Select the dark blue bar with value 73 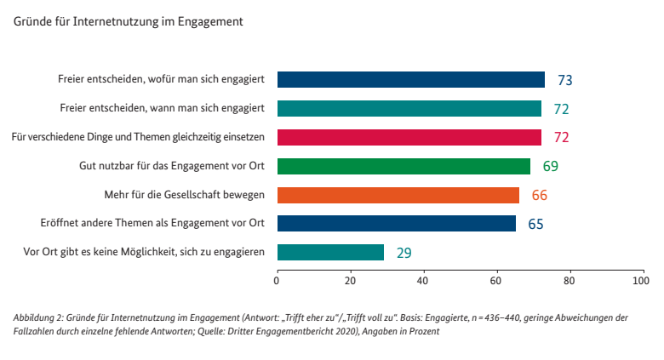tap(411, 80)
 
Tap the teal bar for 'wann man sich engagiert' tap(409, 108)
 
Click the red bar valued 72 tap(409, 137)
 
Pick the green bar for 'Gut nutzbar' tap(404, 166)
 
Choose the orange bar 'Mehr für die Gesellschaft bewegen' tap(398, 195)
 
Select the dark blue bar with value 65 tap(397, 223)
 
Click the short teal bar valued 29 tap(330, 252)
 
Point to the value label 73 tap(564, 81)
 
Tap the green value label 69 tap(551, 167)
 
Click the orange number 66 tap(539, 196)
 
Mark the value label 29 tap(404, 253)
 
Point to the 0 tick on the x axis tap(278, 279)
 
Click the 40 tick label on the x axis tap(422, 279)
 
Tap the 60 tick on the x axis tap(495, 279)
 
